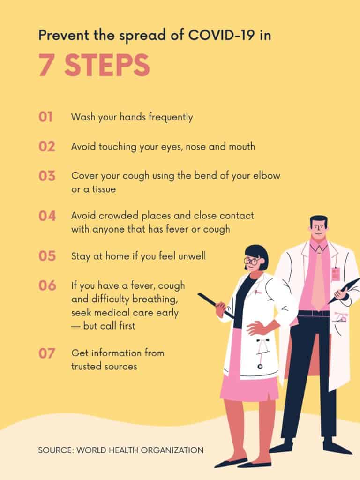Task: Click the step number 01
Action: pos(45,117)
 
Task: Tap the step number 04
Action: pos(47,216)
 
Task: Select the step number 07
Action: pos(47,353)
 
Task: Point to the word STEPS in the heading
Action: pos(107,65)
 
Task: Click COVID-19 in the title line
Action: pos(221,35)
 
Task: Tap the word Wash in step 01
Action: pos(83,117)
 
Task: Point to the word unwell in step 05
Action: pos(192,256)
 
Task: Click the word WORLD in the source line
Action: pos(91,450)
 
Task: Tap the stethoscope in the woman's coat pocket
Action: pos(261,352)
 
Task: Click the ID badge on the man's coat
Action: pos(336,273)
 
